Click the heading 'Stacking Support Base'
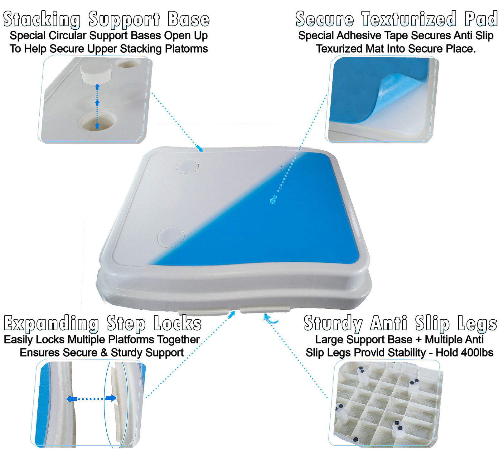(x=106, y=19)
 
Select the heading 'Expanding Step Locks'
(x=103, y=323)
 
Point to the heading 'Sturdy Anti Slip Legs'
(x=400, y=323)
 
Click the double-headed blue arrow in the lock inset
(x=91, y=399)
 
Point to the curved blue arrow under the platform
(x=270, y=319)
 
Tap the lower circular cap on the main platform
(x=171, y=237)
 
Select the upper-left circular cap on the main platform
(x=188, y=166)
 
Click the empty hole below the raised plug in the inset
(x=98, y=122)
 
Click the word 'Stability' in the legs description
(x=407, y=353)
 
